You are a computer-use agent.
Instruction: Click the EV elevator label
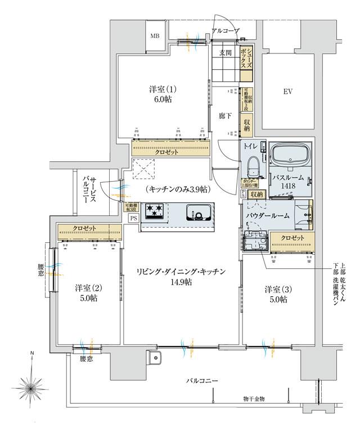click(x=288, y=91)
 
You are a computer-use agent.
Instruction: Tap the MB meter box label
click(x=154, y=37)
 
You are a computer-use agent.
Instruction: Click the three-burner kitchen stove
click(x=155, y=211)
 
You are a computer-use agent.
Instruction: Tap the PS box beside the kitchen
click(x=133, y=218)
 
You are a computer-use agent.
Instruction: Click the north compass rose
click(x=32, y=387)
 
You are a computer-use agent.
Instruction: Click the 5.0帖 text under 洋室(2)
click(x=87, y=299)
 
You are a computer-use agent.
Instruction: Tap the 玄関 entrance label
click(x=226, y=53)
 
